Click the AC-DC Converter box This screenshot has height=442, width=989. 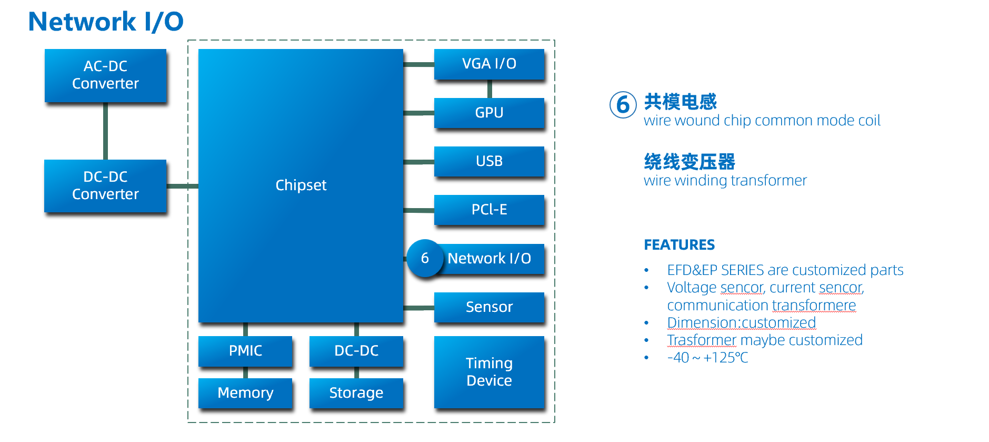(x=105, y=75)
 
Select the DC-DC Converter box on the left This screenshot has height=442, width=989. (x=105, y=185)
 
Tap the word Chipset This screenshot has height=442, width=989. (x=301, y=185)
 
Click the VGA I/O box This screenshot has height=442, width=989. (x=489, y=64)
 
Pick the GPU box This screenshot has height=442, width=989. (x=489, y=113)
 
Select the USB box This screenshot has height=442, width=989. (x=489, y=161)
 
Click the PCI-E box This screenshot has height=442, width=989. (x=489, y=210)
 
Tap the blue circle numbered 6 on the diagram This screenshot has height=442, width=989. (x=425, y=258)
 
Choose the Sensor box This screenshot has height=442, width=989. (x=489, y=307)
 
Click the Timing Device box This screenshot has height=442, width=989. (x=489, y=372)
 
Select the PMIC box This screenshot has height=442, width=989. (x=245, y=351)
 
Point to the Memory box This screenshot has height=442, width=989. (x=245, y=393)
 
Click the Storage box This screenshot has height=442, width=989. (x=356, y=393)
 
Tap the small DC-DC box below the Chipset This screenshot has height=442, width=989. (x=356, y=351)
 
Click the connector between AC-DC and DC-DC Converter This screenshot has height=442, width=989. (x=105, y=131)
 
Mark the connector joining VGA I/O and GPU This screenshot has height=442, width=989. (x=489, y=89)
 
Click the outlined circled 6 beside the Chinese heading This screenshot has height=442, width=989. (x=623, y=105)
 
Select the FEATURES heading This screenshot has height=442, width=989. (x=679, y=245)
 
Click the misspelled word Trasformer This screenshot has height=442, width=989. (x=702, y=340)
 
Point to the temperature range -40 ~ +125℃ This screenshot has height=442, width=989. (x=707, y=358)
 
